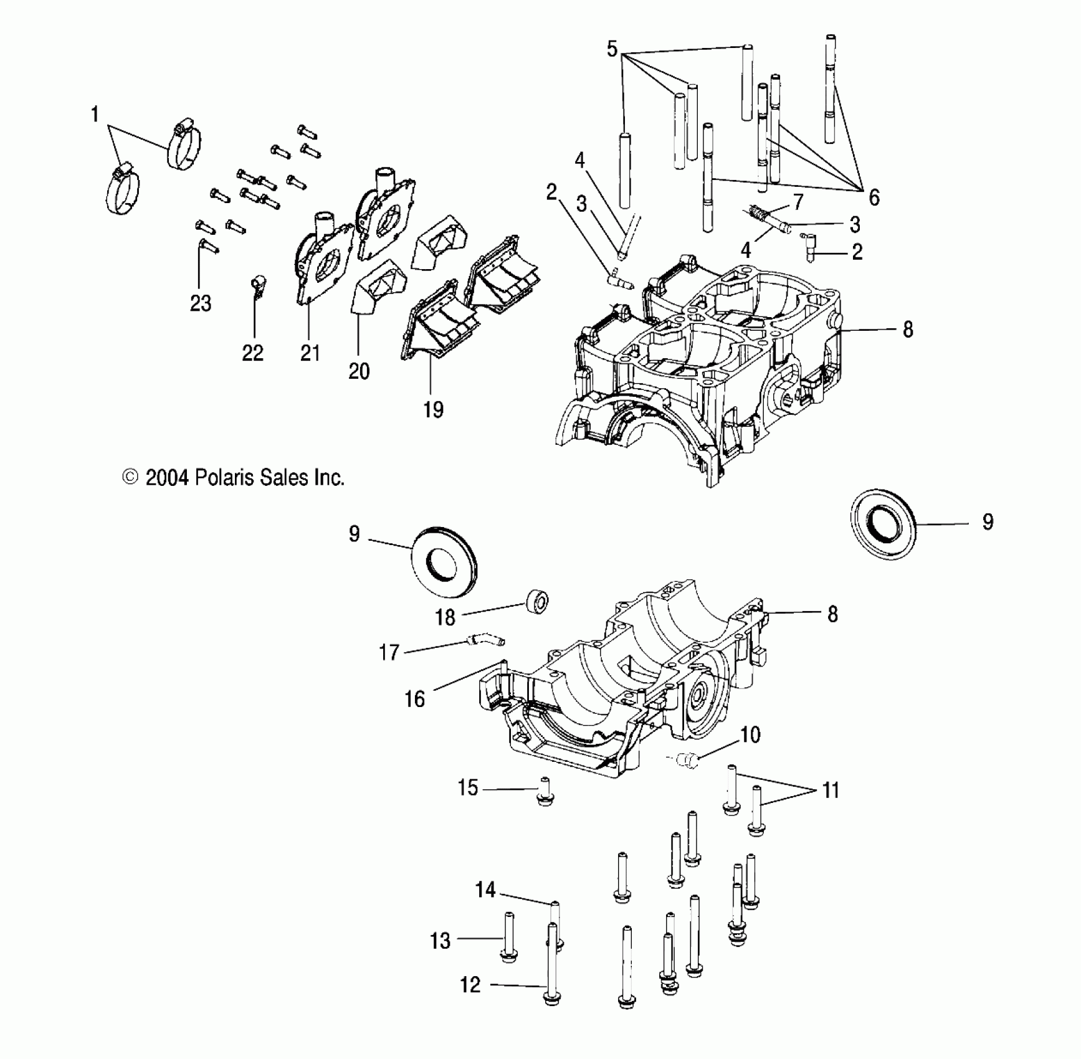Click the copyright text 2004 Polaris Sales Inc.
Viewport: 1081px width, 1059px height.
pos(234,478)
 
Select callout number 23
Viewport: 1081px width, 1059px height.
pos(201,303)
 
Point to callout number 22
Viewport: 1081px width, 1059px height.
pos(252,353)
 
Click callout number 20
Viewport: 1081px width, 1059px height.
pos(359,371)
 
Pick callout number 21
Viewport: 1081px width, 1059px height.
pos(310,353)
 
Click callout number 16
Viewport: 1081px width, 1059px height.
pos(414,699)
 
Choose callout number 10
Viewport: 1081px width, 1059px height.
pos(750,735)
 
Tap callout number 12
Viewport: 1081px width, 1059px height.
pos(470,984)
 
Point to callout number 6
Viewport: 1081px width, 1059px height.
pos(874,197)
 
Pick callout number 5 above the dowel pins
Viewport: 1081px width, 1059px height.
pos(612,49)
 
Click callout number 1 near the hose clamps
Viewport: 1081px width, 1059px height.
pos(95,115)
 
